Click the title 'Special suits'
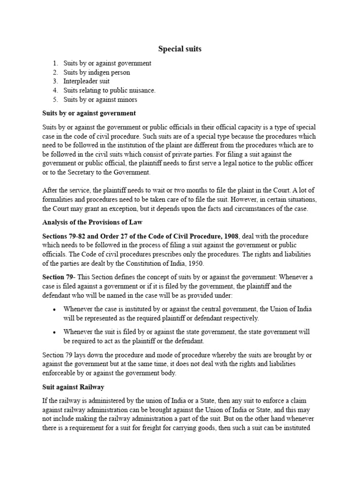pos(180,48)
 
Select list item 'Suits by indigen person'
pos(97,72)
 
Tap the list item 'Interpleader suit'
pos(87,81)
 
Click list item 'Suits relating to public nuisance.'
pos(110,90)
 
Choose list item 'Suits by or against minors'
pos(100,99)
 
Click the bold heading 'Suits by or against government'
pos(89,113)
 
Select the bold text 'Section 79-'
pos(57,277)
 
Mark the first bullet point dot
pos(55,309)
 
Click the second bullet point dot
pos(55,332)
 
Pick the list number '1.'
pos(55,63)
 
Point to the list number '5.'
pos(55,99)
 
